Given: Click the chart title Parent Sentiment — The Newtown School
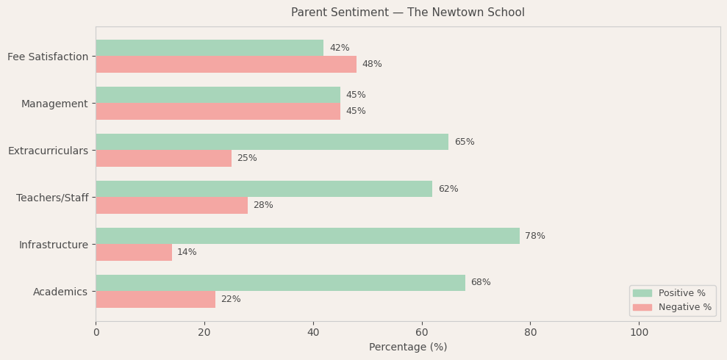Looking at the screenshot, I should coord(407,12).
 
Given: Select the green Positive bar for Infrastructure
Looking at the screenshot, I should coord(307,236).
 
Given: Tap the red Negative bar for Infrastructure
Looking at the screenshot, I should coord(134,252).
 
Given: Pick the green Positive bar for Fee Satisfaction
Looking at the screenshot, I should coord(209,48).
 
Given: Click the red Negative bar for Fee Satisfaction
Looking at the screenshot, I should coord(226,65).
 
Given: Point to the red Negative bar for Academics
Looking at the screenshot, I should coord(155,299).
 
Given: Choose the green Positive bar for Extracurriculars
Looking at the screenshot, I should coord(272,142).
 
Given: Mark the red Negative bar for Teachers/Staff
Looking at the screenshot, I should coord(171,205).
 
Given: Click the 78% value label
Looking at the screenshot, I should coord(535,236).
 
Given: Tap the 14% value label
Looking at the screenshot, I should coord(187,252).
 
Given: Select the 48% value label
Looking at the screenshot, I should coord(372,65).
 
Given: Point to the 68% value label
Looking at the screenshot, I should coord(481,283).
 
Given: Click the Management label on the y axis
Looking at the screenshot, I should coord(54,104).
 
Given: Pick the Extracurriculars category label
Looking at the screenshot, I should coord(48,151).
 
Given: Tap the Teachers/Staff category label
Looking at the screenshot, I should coord(52,198).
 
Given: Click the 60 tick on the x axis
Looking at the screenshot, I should coord(422,332).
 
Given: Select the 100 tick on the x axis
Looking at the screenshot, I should coord(639,332).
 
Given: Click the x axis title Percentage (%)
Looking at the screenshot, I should coord(408,347).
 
